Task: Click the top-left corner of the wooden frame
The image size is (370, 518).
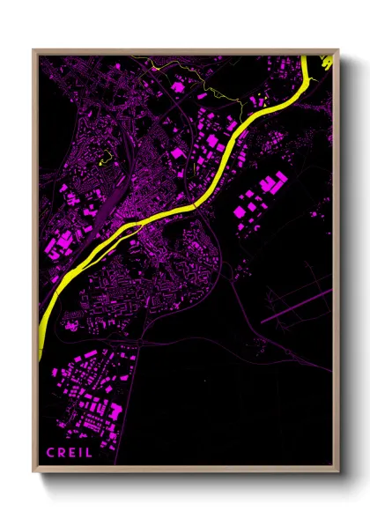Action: [x=33, y=50]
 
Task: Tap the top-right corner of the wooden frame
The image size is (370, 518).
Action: [x=338, y=50]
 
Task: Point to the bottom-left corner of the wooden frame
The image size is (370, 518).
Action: [x=33, y=470]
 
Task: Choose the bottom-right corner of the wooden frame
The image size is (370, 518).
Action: [x=338, y=470]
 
